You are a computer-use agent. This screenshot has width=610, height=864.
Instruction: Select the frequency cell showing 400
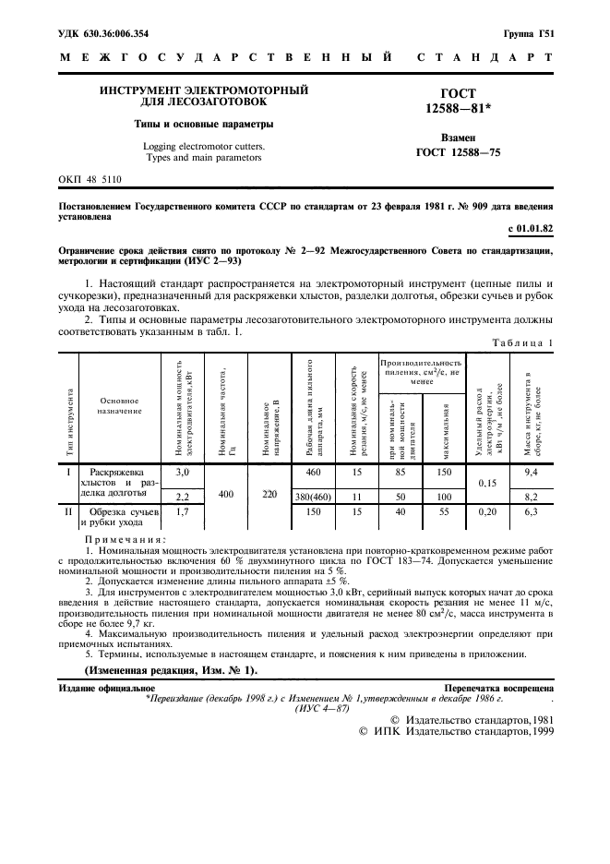coord(226,494)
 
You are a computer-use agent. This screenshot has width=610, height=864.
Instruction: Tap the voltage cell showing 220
coord(269,494)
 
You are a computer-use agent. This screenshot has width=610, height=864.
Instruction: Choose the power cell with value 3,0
coord(183,473)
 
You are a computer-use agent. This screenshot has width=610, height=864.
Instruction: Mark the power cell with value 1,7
coord(183,510)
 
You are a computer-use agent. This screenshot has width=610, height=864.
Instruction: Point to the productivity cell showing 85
coord(400,473)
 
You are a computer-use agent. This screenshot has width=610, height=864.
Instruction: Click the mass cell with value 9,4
coord(530,473)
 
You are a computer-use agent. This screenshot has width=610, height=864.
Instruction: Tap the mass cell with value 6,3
coord(530,510)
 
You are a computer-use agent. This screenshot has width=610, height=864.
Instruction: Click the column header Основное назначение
coord(121,405)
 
